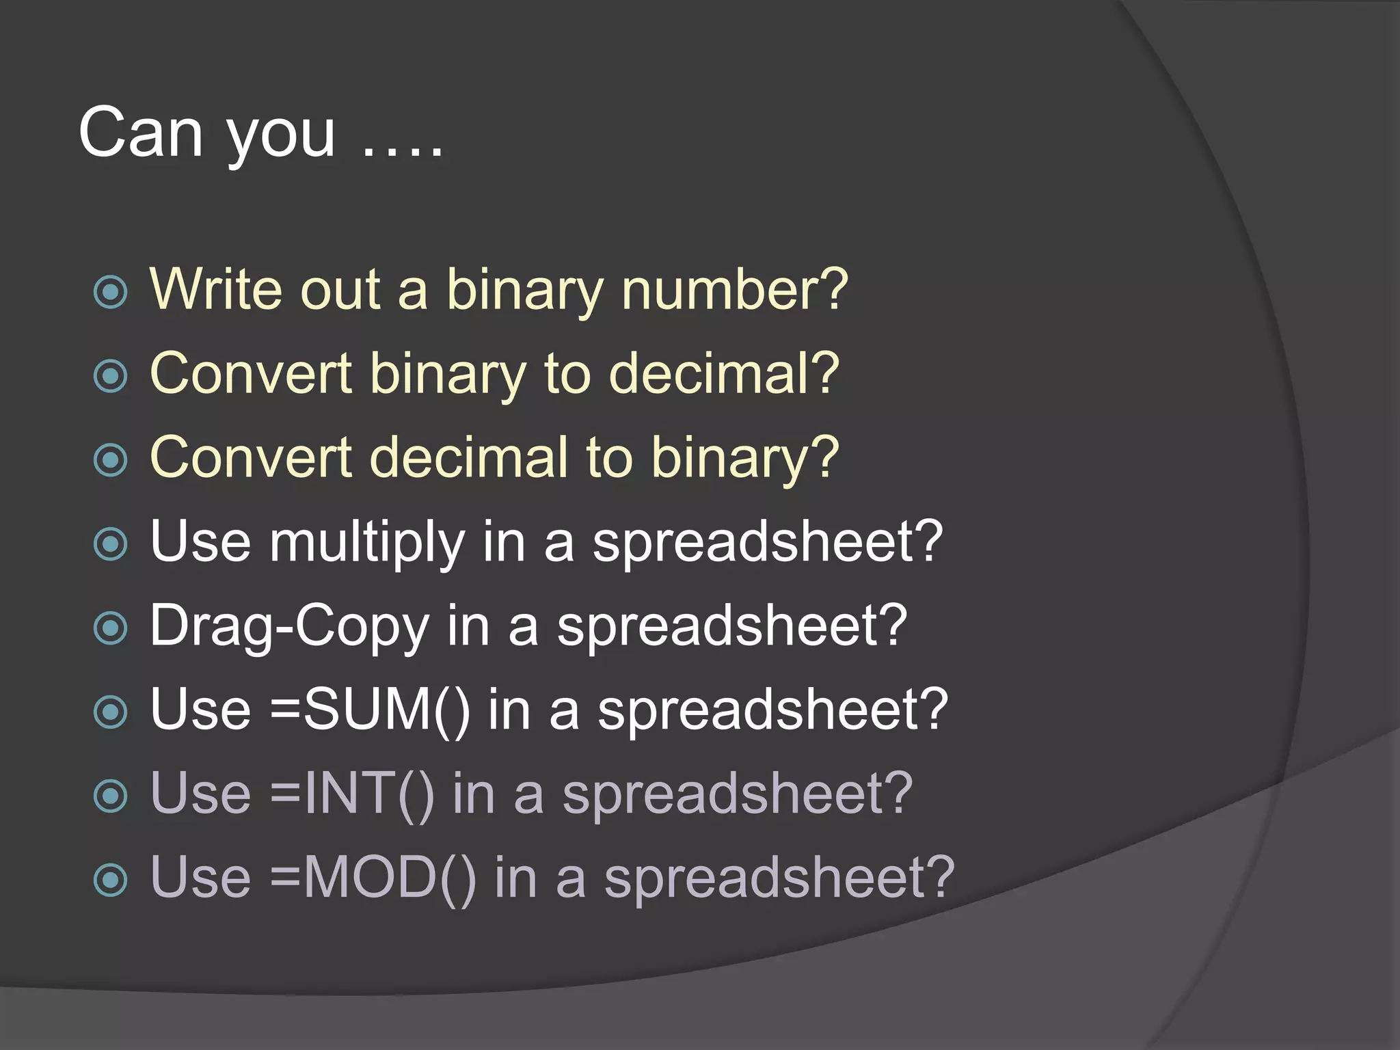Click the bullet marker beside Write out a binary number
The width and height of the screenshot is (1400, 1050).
click(x=111, y=292)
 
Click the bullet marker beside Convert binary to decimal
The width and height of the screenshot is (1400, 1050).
click(x=111, y=376)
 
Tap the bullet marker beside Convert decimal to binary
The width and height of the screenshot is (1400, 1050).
click(x=111, y=460)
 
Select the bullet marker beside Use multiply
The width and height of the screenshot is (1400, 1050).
click(x=111, y=544)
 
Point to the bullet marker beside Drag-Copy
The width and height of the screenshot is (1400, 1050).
click(x=111, y=628)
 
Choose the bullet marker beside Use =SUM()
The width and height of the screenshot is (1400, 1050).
click(x=111, y=712)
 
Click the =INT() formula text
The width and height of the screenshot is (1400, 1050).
click(x=352, y=794)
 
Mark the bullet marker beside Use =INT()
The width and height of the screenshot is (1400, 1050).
click(x=111, y=796)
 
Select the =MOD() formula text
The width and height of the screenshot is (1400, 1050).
click(x=373, y=878)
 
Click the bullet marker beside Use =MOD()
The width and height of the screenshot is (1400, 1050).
click(x=111, y=880)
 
